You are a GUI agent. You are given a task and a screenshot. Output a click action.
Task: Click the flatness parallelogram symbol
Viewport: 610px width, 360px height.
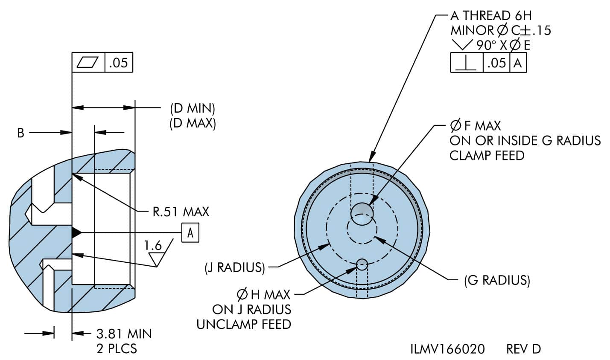click(88, 62)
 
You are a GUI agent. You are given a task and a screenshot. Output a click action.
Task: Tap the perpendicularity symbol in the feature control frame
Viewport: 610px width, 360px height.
click(466, 63)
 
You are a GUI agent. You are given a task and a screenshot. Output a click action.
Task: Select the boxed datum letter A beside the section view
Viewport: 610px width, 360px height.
click(190, 232)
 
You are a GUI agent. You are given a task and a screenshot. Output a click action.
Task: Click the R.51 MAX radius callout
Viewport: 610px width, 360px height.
click(181, 212)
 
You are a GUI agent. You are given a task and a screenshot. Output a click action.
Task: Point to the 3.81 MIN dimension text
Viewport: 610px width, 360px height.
click(124, 334)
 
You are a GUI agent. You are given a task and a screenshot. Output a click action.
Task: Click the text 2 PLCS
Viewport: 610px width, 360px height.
click(117, 349)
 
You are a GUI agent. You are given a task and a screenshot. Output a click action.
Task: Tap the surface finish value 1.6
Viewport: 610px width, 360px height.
click(153, 245)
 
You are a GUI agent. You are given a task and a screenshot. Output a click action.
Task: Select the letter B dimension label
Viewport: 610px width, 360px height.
click(20, 133)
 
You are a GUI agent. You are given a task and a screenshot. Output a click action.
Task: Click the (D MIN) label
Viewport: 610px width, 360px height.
click(193, 109)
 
